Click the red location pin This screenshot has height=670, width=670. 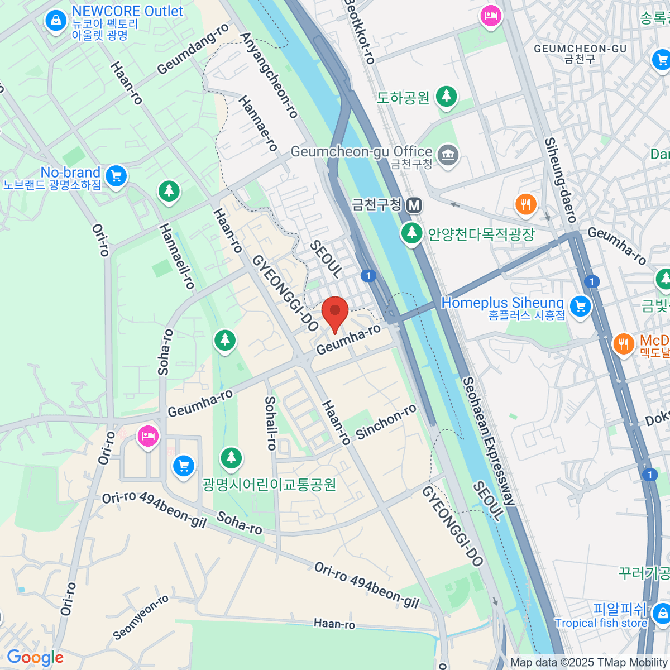335,312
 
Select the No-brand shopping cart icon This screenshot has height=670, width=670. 116,176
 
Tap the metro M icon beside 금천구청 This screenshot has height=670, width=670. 414,205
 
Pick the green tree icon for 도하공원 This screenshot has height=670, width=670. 446,97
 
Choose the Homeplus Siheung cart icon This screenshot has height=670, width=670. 580,306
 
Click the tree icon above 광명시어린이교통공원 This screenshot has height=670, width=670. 231,458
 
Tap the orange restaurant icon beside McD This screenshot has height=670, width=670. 623,343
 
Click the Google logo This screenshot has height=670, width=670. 35,657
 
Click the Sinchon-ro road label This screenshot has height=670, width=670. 386,422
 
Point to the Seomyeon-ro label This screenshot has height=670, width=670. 141,618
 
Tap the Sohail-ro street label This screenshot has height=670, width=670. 271,423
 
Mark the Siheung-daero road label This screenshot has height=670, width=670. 560,180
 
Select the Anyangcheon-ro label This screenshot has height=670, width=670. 269,75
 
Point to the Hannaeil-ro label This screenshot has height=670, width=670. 177,256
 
